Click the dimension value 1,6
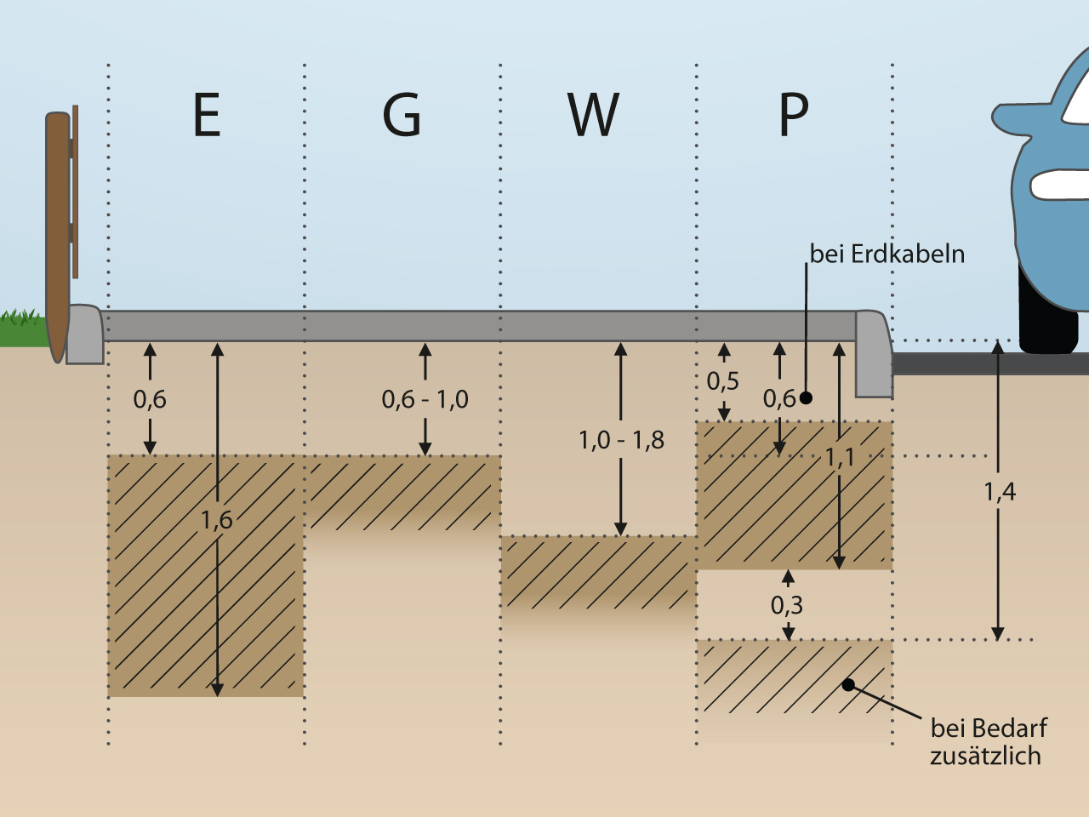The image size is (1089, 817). click(x=216, y=520)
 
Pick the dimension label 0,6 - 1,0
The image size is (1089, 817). click(x=425, y=399)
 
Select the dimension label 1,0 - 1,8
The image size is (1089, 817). click(x=621, y=440)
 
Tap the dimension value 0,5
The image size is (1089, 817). click(x=723, y=381)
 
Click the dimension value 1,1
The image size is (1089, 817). click(x=840, y=458)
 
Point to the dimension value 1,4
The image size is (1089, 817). click(x=1000, y=491)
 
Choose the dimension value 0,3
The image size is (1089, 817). click(x=787, y=605)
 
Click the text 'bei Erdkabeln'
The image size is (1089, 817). click(x=887, y=254)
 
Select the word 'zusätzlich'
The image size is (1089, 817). click(x=985, y=756)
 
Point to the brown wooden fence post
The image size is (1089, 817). click(x=57, y=230)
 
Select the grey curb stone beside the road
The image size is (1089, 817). click(x=874, y=353)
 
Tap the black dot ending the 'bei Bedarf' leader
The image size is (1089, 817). click(x=848, y=685)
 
